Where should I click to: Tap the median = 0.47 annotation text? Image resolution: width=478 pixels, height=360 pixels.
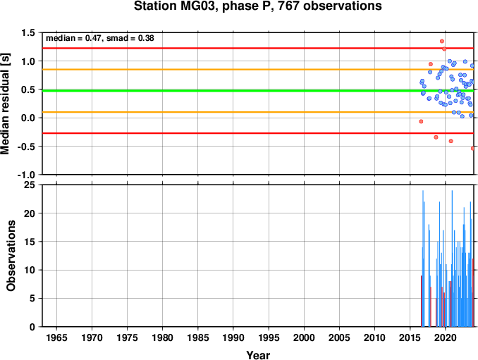[73, 38]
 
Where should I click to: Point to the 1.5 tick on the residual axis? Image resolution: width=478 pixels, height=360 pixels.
[28, 32]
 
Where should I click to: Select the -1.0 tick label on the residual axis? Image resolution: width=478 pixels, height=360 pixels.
[26, 175]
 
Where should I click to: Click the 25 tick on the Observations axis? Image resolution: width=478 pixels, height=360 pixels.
[30, 185]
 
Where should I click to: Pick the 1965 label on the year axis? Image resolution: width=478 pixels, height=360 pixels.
[56, 337]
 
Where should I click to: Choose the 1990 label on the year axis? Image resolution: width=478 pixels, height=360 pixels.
[233, 337]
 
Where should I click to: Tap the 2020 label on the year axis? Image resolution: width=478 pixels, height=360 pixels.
[446, 337]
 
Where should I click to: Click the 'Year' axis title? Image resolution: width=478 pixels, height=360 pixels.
[258, 355]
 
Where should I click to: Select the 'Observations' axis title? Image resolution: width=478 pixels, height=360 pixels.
[11, 256]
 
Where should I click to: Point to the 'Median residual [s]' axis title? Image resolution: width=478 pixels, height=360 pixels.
[5, 104]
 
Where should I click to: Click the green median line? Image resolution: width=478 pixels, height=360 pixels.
[258, 91]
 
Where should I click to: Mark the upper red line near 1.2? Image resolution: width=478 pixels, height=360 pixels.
[258, 48]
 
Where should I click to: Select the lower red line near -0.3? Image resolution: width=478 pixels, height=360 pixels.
[258, 133]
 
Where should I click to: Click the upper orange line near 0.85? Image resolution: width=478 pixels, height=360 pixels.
[258, 70]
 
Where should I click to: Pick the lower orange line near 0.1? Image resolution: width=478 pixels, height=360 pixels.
[258, 112]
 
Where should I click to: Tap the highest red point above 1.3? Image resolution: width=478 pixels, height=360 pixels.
[442, 41]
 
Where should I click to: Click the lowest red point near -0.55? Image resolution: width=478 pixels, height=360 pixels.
[472, 149]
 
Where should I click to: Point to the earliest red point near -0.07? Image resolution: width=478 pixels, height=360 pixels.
[421, 121]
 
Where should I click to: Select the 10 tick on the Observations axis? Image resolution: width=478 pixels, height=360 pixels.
[30, 270]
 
